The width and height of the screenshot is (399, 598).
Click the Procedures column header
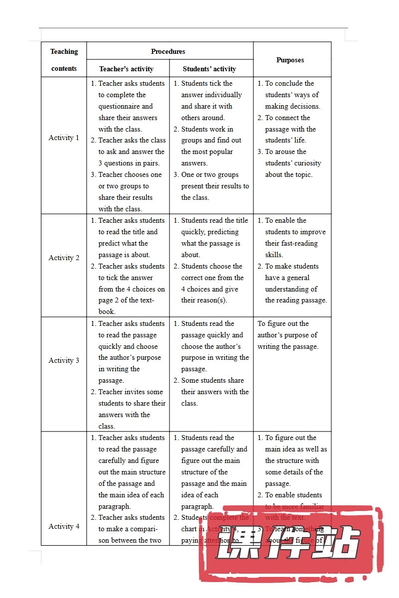coord(168,51)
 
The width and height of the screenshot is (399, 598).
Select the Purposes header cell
coord(290,60)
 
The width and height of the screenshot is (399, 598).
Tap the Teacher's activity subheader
coord(126,69)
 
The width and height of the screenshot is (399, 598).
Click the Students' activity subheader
coord(209,69)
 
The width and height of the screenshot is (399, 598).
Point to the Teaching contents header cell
coord(64,60)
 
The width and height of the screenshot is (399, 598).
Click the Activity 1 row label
coord(64,138)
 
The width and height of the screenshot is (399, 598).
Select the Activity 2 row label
coord(64,258)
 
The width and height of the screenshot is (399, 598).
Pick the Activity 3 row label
coord(64,360)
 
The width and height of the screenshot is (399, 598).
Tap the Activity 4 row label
coord(64,526)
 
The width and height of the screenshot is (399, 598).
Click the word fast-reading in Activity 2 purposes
coord(298,243)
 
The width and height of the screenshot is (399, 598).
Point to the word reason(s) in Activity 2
coord(212,300)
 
